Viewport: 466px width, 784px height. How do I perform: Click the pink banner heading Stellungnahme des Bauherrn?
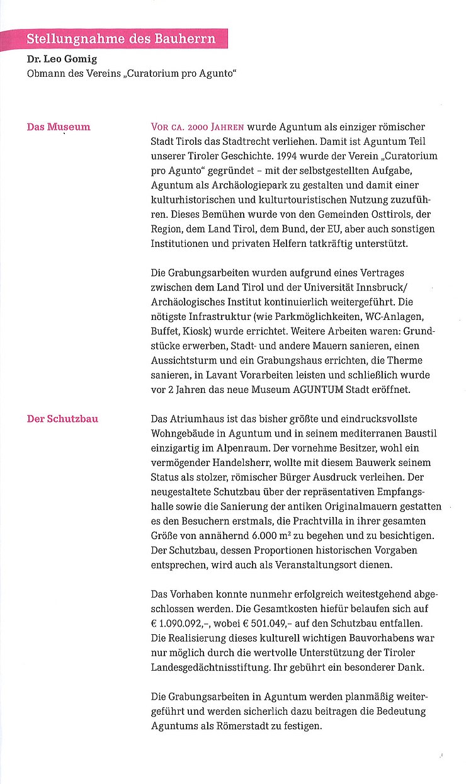point(121,39)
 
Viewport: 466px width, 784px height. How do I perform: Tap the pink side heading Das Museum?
point(59,127)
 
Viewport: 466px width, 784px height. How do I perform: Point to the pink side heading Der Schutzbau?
point(62,419)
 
